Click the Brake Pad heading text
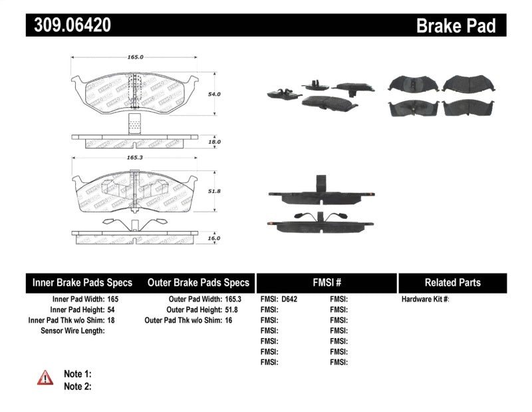click(x=456, y=26)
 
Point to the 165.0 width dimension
click(x=135, y=57)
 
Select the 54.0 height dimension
click(x=213, y=95)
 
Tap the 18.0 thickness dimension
click(x=213, y=142)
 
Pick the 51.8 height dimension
click(x=213, y=190)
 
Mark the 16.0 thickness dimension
click(x=213, y=238)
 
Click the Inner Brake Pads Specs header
click(x=82, y=282)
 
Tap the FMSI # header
click(x=326, y=282)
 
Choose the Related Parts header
click(x=452, y=282)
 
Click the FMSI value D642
click(x=289, y=300)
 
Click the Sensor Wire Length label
click(x=72, y=331)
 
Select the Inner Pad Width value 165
click(x=113, y=300)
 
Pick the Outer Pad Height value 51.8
click(x=229, y=309)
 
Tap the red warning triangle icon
click(x=45, y=379)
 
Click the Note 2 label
click(x=77, y=386)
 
